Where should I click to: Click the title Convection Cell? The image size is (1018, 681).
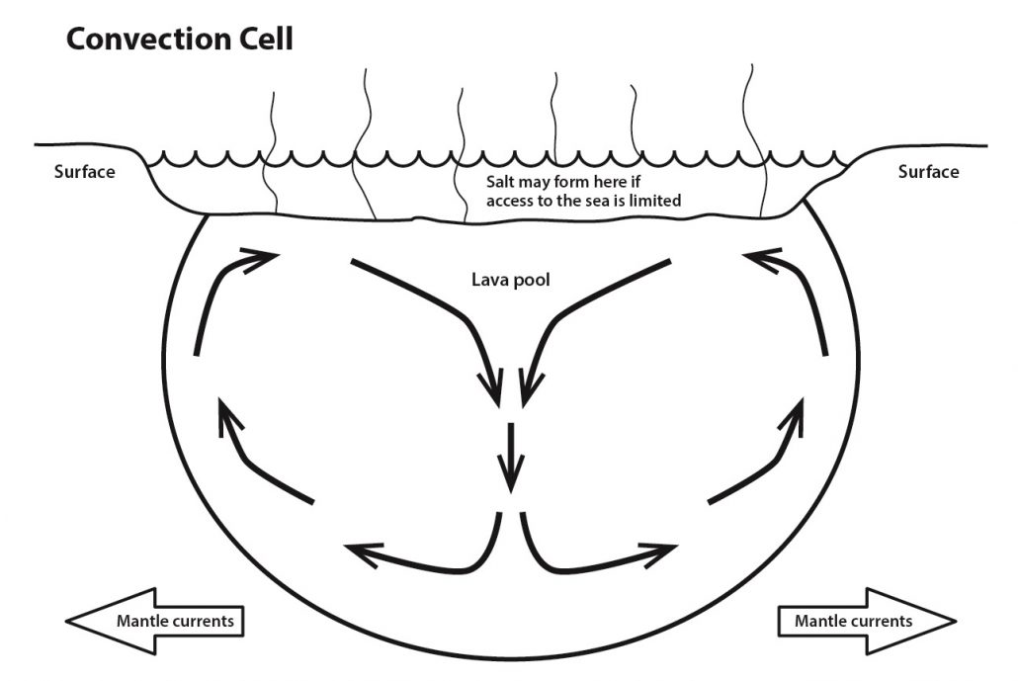[179, 40]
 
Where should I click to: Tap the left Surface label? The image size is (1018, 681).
[84, 172]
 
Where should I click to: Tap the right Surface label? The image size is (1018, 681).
[928, 172]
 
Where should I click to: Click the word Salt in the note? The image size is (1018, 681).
[502, 183]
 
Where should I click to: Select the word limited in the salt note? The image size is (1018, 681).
[654, 201]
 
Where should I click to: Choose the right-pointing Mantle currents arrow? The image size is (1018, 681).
[861, 621]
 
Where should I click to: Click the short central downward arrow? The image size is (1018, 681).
[511, 457]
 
